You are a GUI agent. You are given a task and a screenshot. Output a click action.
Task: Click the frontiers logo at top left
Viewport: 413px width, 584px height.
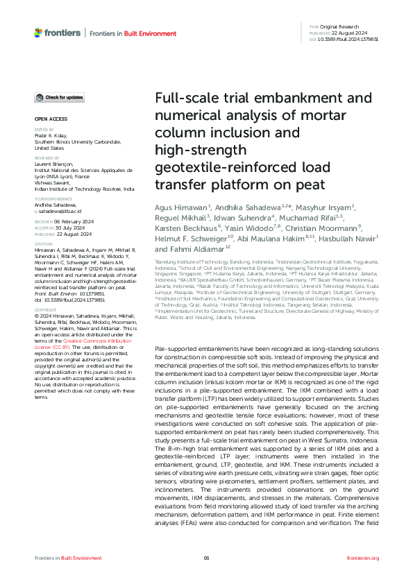[x=58, y=33]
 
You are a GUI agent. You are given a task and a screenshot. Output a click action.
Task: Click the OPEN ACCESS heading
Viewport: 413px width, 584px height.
[x=47, y=119]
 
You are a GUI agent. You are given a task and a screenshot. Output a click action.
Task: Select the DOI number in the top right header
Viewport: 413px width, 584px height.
[x=353, y=40]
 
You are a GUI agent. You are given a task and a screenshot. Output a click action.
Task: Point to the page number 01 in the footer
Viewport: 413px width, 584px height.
[x=206, y=558]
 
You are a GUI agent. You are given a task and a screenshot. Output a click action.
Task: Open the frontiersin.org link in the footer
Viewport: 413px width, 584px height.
[x=363, y=558]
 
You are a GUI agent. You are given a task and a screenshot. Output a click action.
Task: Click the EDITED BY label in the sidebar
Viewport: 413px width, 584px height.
[x=43, y=129]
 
